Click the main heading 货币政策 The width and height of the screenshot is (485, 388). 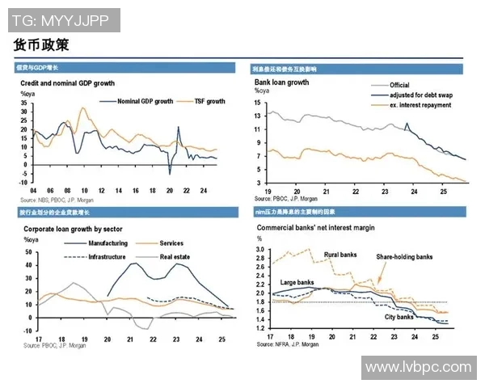coord(41,44)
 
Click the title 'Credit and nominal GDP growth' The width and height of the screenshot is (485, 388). coord(67,83)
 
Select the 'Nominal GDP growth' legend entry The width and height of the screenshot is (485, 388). coord(145,102)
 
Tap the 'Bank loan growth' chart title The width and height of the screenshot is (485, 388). coord(282,82)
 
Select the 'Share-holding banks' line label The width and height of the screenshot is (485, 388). coord(403,257)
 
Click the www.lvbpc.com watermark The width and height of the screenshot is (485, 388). coord(417,368)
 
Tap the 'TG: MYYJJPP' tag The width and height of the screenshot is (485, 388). coord(61,19)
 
